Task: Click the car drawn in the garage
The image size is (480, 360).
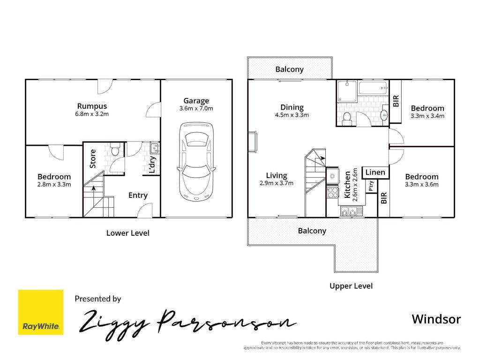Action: click(x=196, y=162)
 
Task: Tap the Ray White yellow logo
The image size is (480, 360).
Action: click(x=41, y=312)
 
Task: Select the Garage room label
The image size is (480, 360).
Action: click(x=196, y=101)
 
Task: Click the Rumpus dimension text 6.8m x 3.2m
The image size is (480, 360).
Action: click(x=92, y=114)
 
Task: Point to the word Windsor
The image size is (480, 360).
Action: click(x=436, y=319)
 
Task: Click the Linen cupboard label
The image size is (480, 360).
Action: click(x=375, y=172)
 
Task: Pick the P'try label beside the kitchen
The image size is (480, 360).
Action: click(x=371, y=186)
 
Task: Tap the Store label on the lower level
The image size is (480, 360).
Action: click(x=92, y=158)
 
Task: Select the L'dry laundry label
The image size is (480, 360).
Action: click(x=152, y=165)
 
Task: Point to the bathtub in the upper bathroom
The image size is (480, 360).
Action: click(x=374, y=88)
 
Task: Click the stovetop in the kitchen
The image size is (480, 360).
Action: click(x=332, y=192)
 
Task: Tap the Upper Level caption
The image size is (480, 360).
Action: click(x=351, y=286)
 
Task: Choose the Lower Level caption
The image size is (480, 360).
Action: click(x=127, y=233)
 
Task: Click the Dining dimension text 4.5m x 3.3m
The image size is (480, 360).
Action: click(x=292, y=115)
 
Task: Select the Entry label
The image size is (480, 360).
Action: click(x=138, y=195)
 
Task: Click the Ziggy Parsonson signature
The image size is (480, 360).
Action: click(x=187, y=324)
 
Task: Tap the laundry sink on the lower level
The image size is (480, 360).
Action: click(x=155, y=148)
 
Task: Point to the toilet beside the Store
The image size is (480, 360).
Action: click(x=115, y=149)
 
